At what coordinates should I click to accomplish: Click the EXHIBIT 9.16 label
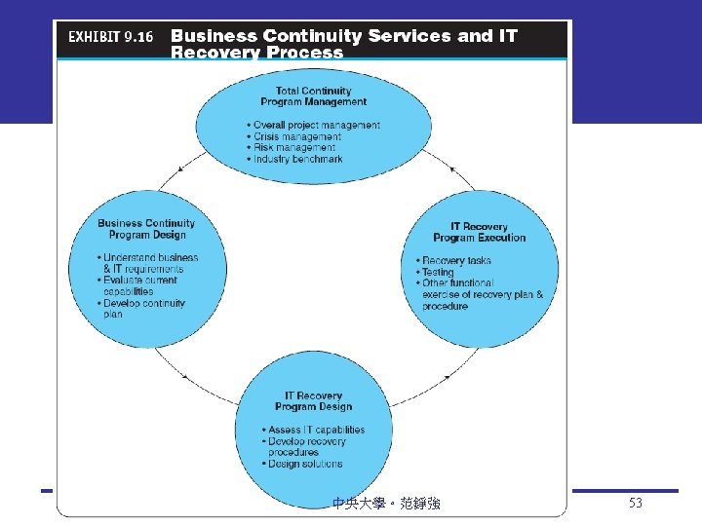pyautogui.click(x=108, y=38)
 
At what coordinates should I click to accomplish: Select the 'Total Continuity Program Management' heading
pyautogui.click(x=313, y=96)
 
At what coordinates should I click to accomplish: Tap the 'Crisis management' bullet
pyautogui.click(x=296, y=137)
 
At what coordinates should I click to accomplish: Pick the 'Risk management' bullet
pyautogui.click(x=293, y=148)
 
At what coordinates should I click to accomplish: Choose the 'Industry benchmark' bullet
pyautogui.click(x=297, y=159)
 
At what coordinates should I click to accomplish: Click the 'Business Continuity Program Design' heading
pyautogui.click(x=146, y=229)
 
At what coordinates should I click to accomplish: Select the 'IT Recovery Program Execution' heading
pyautogui.click(x=479, y=232)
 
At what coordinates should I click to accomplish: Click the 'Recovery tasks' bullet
pyautogui.click(x=456, y=261)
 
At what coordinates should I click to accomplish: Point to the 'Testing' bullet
pyautogui.click(x=439, y=273)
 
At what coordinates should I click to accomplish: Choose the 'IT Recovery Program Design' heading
pyautogui.click(x=313, y=401)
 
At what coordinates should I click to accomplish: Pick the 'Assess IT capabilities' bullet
pyautogui.click(x=315, y=430)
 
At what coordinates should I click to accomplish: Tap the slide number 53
pyautogui.click(x=636, y=504)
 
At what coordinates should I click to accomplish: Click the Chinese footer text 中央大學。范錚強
pyautogui.click(x=386, y=504)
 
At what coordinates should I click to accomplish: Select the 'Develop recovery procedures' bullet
pyautogui.click(x=305, y=446)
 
